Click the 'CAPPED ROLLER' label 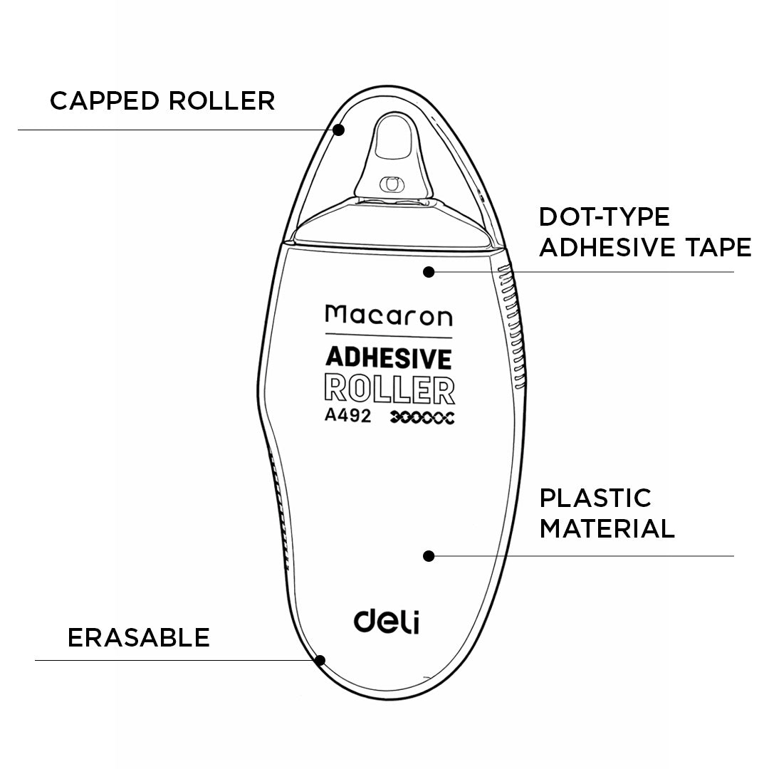(x=162, y=100)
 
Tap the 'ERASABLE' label (x=139, y=637)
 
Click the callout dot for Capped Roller (x=339, y=130)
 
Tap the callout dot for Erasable (x=320, y=660)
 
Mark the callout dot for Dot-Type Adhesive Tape (x=429, y=271)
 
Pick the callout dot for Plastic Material (x=429, y=556)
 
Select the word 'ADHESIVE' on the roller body (x=389, y=358)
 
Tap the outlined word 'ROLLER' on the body (x=389, y=389)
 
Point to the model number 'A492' (x=347, y=417)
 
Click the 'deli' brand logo (x=387, y=619)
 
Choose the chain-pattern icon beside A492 (x=423, y=418)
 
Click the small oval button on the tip (x=389, y=183)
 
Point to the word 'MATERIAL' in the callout (x=607, y=528)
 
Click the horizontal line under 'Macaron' (x=389, y=336)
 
